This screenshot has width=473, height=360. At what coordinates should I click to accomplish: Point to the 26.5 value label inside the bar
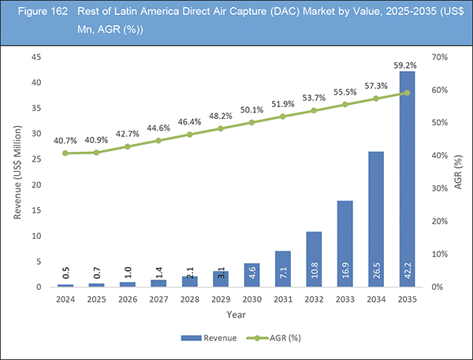(377, 271)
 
